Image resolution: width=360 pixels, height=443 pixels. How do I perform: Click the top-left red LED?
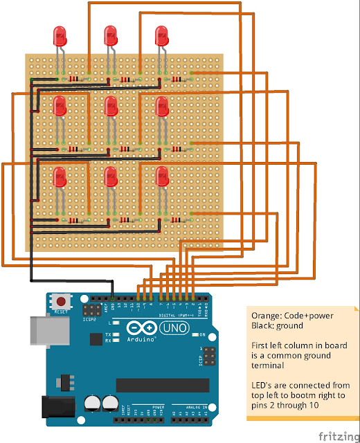point(60,35)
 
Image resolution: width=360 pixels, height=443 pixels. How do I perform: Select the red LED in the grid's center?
point(111,106)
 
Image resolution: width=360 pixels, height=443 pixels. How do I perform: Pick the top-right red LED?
point(163,35)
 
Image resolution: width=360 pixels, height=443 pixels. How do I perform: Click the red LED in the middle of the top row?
point(111,35)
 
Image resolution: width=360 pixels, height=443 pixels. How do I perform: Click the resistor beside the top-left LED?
point(75,80)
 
